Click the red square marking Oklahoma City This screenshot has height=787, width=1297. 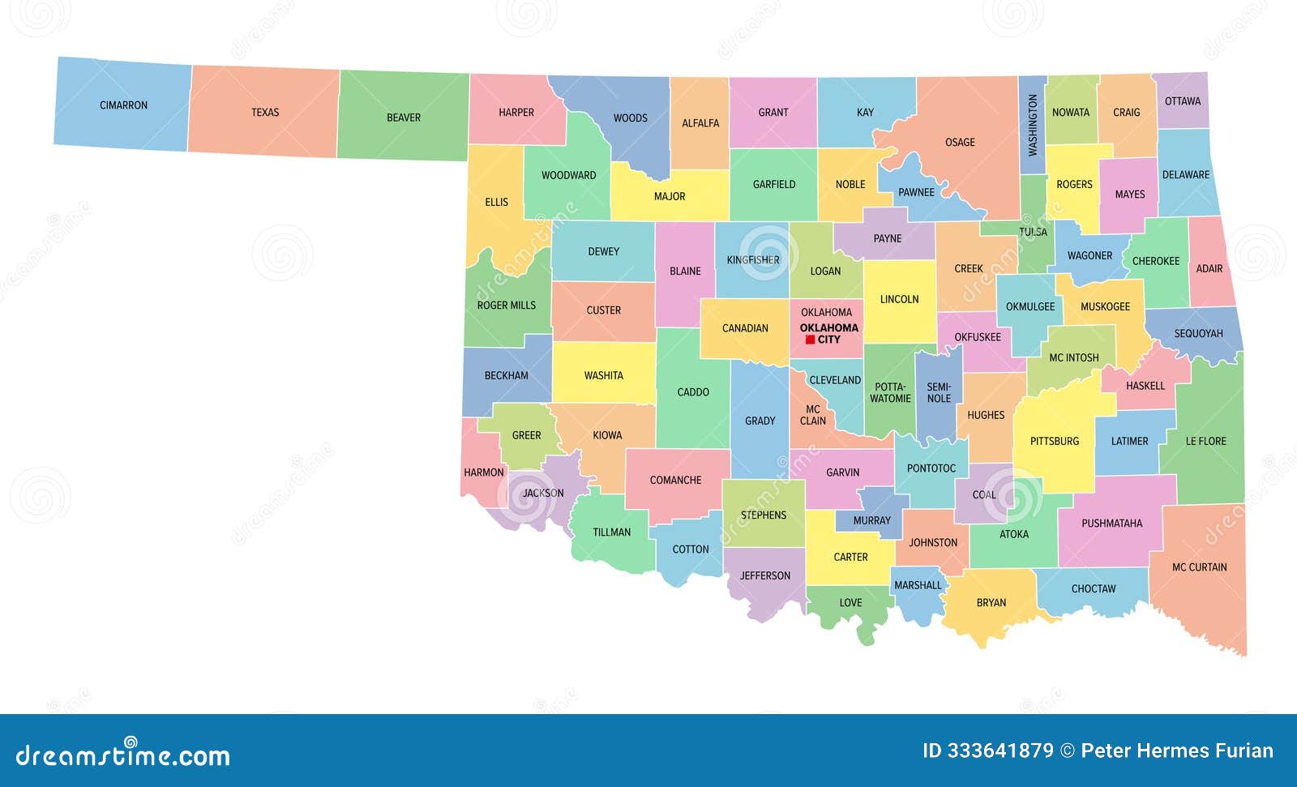coord(810,340)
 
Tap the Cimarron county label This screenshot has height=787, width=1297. coord(123,105)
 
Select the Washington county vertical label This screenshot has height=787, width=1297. coord(1032,125)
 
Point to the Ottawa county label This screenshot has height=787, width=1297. coord(1183,101)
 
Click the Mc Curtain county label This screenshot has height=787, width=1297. coord(1199,567)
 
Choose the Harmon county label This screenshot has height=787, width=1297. coord(483,473)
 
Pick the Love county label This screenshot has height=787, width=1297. coord(850,603)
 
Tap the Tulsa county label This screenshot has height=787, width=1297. coord(1033,232)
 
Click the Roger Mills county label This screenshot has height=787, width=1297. coord(506,306)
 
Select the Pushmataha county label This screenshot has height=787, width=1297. coord(1111,524)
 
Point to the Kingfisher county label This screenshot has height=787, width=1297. coord(752,260)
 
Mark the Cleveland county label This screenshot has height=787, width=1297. coord(835,380)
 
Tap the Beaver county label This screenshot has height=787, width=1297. coord(403,118)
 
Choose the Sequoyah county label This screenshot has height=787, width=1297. coord(1198,334)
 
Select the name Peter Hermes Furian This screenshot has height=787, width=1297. coord(1177,751)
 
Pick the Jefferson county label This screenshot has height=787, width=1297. coord(764,576)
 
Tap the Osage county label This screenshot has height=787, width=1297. coord(960,143)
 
